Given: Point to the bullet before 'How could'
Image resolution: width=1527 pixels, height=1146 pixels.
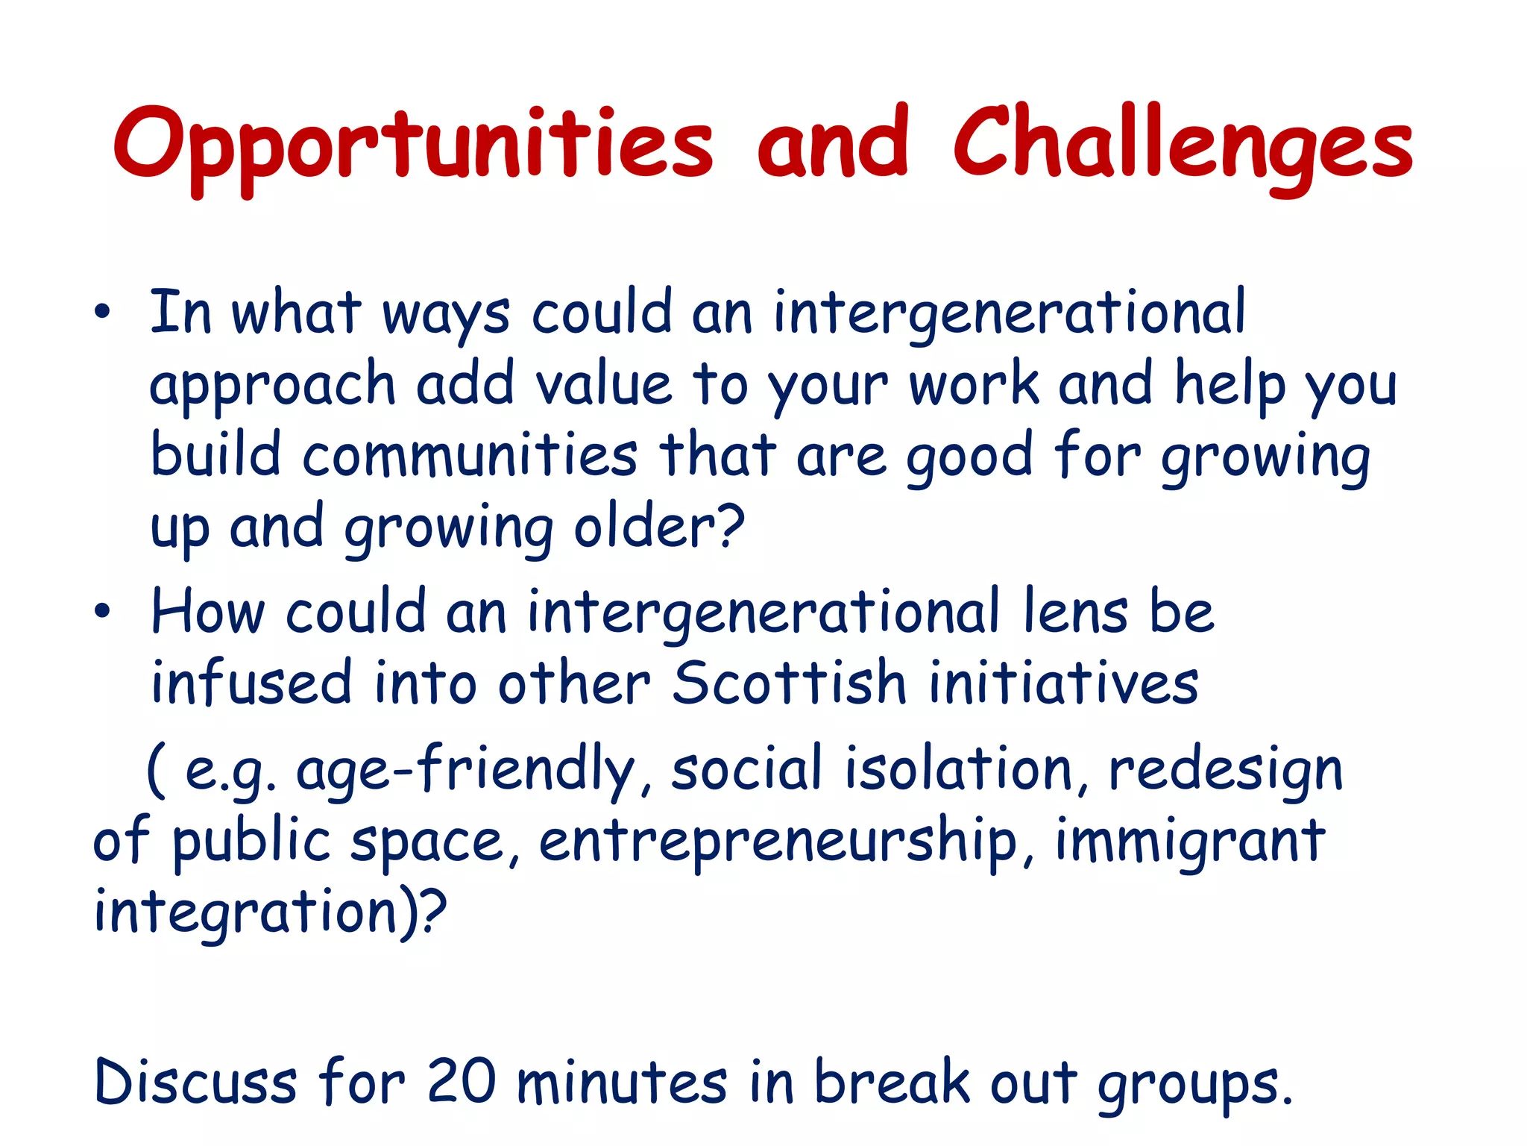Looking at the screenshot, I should click(102, 612).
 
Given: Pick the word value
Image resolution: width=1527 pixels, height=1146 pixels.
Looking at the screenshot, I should click(604, 385).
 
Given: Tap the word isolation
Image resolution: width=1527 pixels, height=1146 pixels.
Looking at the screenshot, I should click(958, 768).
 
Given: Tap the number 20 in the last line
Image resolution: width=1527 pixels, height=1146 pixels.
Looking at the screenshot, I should click(462, 1082).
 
